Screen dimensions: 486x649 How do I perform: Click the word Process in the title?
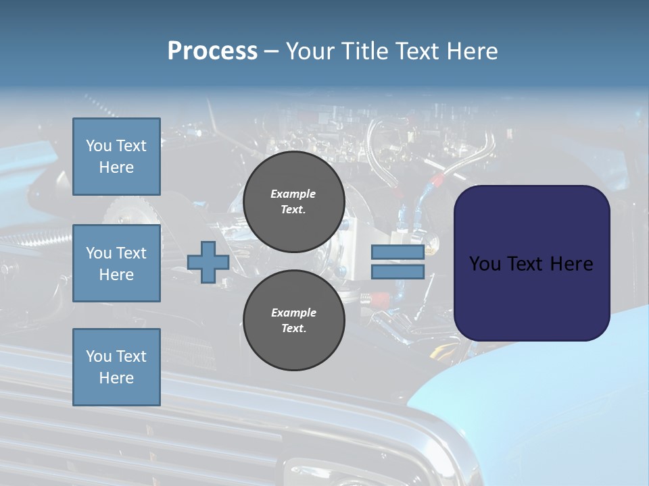[x=212, y=51]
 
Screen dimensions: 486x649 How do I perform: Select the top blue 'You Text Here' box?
[x=116, y=157]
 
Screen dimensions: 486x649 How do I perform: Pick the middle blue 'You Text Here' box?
[x=116, y=263]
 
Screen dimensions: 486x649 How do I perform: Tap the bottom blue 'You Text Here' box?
[x=116, y=367]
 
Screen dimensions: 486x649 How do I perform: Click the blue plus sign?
[x=208, y=262]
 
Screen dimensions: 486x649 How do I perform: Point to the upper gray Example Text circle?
[x=293, y=201]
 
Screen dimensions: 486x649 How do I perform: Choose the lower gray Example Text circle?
[x=293, y=321]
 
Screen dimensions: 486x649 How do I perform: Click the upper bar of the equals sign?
[x=398, y=252]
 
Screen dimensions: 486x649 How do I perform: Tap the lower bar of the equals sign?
[x=398, y=272]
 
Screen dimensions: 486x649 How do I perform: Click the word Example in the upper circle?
[x=293, y=194]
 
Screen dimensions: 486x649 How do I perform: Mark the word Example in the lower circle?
[x=293, y=313]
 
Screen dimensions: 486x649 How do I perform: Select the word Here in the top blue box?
[x=116, y=167]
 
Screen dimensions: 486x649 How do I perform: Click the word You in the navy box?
[x=485, y=264]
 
